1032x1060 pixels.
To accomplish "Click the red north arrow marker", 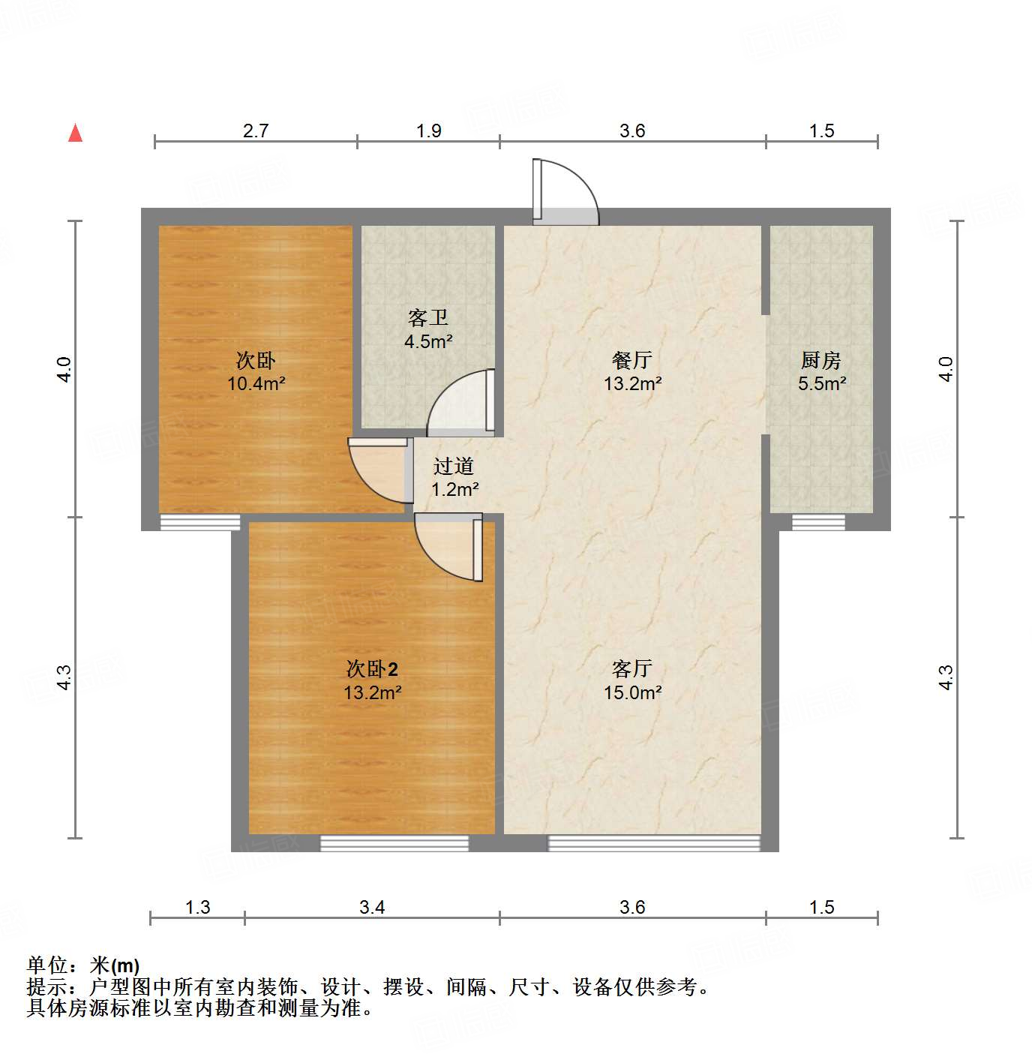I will click(x=75, y=133).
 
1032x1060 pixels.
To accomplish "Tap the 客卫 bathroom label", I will click(x=428, y=318).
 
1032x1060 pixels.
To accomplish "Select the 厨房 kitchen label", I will click(x=821, y=361).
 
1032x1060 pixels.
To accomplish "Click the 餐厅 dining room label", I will click(x=632, y=361).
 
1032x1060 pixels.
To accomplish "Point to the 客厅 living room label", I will click(x=632, y=668).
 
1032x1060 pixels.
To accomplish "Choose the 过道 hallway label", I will click(x=454, y=467).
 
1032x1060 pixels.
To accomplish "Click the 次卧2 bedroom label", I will click(x=372, y=668).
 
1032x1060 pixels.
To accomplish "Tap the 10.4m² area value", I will click(x=256, y=384).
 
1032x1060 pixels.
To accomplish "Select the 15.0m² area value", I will click(x=632, y=692).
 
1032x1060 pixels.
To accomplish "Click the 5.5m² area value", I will click(x=822, y=384).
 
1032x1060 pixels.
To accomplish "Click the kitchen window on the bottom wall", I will click(x=818, y=523).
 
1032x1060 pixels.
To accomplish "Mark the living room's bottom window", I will click(x=654, y=843).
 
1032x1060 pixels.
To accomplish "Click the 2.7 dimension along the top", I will click(x=256, y=131).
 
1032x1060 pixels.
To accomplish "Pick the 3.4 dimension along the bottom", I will click(x=372, y=908).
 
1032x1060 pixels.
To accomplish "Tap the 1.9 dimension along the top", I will click(x=428, y=131).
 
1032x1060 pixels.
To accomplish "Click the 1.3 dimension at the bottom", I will click(x=197, y=908).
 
